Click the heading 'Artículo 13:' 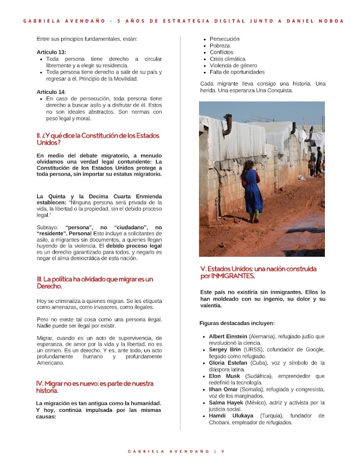click(51, 52)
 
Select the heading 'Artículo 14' click(50, 92)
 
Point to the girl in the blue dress click(252, 187)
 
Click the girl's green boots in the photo click(254, 217)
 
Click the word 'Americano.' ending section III click(50, 363)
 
